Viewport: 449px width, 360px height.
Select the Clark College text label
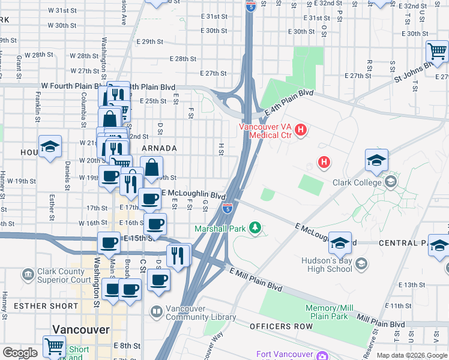coord(359,182)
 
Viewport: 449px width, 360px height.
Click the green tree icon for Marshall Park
coord(256,228)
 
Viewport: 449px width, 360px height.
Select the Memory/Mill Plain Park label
coord(327,311)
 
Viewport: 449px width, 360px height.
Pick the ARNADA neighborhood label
coord(158,148)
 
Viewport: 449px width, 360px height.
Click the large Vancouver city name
coord(80,329)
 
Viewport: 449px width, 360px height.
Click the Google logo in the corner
coord(20,352)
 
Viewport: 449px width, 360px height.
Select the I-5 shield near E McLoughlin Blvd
coord(228,208)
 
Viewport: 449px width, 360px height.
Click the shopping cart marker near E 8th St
coord(54,346)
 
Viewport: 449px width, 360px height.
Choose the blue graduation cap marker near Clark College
coord(376,160)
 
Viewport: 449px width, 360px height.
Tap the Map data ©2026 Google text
coord(412,355)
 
